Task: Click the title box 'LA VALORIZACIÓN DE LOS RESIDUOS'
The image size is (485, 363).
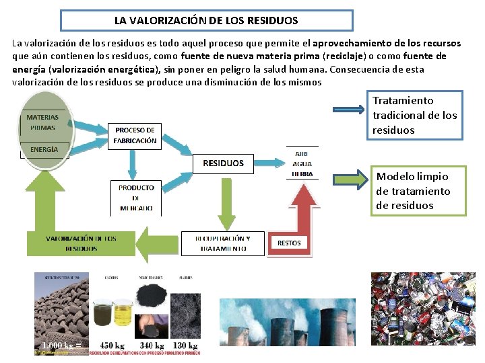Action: (x=205, y=20)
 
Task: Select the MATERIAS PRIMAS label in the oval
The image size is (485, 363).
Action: (x=42, y=122)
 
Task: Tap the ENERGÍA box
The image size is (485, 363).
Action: (x=44, y=149)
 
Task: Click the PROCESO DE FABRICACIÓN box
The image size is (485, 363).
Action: (x=135, y=135)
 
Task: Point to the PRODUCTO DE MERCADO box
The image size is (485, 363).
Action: (x=136, y=198)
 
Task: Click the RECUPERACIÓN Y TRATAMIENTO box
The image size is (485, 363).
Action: (x=223, y=243)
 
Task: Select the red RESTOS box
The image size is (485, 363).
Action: (x=289, y=242)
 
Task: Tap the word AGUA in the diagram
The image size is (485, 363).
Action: (x=302, y=163)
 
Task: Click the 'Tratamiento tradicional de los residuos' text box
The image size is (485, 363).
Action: (x=415, y=115)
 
